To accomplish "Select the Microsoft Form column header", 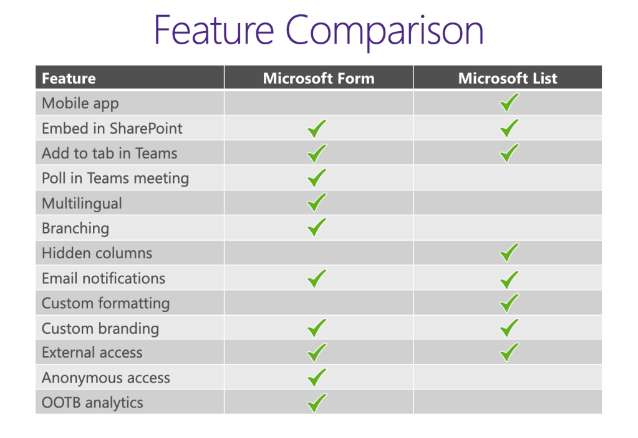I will point(319,78).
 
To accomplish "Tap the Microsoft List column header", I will point(508,78).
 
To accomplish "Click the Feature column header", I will point(69,79).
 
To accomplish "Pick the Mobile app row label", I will point(80,103).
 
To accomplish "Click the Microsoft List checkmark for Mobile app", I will point(509,102).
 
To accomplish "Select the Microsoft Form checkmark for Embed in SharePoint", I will point(317,129).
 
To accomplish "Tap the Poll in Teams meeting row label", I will point(115,178).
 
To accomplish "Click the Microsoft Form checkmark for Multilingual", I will point(317,203).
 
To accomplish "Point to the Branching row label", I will point(75,228).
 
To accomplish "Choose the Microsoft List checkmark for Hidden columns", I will point(509,253).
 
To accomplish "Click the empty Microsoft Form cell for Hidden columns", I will point(318,253).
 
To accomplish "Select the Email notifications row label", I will point(103,278).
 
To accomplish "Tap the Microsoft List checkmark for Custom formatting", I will point(509,303).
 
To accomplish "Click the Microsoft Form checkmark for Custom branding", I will point(317,328).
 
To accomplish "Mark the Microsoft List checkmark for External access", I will point(509,353).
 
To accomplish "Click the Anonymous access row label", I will point(105,378).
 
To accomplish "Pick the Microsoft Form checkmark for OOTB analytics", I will point(317,402).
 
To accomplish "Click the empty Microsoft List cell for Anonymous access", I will point(508,377).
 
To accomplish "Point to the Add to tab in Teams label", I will point(109,153).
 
